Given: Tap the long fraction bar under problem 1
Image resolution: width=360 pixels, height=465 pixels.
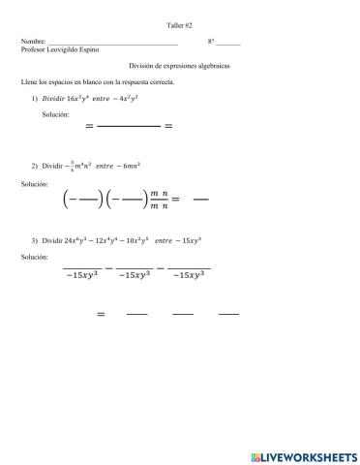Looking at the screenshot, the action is coord(129,126).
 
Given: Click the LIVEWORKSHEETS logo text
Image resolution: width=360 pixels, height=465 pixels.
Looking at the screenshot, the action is coord(306,455).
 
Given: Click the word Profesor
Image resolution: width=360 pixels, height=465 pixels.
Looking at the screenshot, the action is coord(33,51).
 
